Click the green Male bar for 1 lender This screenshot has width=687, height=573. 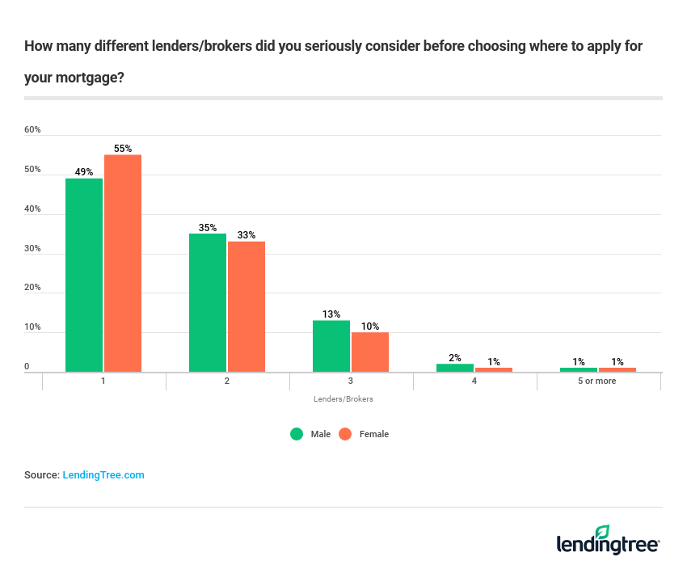point(84,275)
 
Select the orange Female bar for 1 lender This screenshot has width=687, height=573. point(123,263)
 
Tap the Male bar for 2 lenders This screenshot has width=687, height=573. point(208,302)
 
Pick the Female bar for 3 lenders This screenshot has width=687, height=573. point(370,352)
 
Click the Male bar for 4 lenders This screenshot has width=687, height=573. point(455,368)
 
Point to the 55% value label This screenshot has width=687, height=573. point(123,149)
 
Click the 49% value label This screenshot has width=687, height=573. point(84,172)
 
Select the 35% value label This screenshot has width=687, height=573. point(208,228)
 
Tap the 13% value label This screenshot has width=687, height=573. point(331,314)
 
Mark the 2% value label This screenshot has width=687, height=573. point(455,358)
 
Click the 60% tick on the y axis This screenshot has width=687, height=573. point(32,129)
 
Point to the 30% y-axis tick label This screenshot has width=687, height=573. point(32,248)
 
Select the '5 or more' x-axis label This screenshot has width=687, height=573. point(597,381)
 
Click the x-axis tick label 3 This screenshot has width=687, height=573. point(351,381)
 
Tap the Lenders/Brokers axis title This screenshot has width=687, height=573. point(343,399)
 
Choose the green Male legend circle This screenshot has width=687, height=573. point(297,434)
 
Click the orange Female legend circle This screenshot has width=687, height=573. point(345,434)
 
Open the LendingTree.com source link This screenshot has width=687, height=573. point(103,475)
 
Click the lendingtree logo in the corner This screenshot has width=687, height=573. point(609,541)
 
